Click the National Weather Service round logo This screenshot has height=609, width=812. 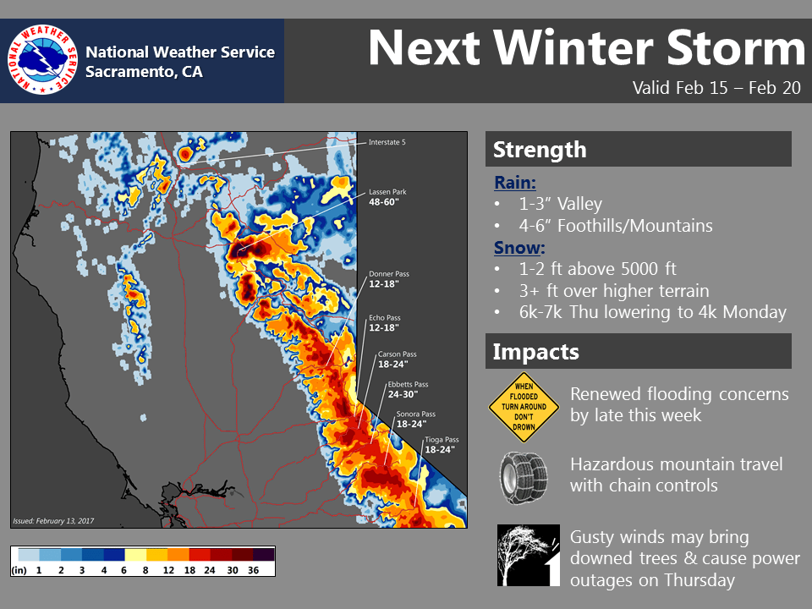[42, 59]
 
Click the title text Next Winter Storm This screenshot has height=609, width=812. [587, 48]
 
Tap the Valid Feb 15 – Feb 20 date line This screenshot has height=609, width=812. [716, 87]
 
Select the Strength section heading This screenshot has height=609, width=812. [540, 150]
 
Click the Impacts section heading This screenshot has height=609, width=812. [536, 352]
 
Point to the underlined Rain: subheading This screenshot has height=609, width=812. [515, 183]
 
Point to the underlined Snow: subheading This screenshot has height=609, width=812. [519, 248]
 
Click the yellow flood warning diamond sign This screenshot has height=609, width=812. [524, 407]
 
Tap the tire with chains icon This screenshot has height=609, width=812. [524, 477]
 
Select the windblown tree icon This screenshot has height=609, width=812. [528, 555]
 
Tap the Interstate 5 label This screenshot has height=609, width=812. [387, 142]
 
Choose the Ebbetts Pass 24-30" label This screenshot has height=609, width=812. [408, 389]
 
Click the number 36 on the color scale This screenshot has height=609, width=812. [253, 570]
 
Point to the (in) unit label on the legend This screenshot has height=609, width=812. [19, 571]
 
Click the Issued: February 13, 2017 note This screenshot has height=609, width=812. [53, 521]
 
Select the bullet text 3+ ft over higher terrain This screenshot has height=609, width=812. [614, 291]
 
